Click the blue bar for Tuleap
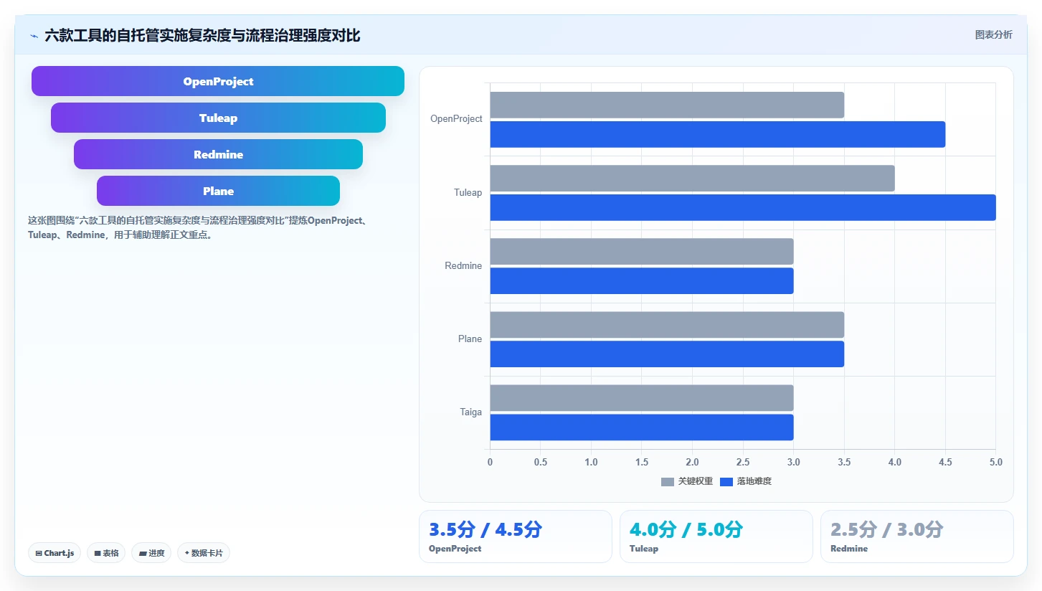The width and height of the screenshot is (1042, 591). click(x=743, y=207)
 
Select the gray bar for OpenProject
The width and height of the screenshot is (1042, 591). click(x=667, y=105)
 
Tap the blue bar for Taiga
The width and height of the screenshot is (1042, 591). click(x=642, y=427)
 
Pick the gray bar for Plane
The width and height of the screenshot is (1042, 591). click(x=667, y=325)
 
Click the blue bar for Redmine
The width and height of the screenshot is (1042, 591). click(x=642, y=280)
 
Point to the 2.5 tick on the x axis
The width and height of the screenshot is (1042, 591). click(x=743, y=462)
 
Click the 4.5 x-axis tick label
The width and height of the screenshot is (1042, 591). click(x=945, y=462)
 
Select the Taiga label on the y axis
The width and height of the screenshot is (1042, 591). click(x=470, y=412)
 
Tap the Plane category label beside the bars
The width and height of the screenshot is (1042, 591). click(x=470, y=339)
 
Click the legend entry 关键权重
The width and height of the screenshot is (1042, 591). click(x=687, y=481)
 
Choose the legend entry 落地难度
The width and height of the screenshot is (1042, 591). click(x=746, y=481)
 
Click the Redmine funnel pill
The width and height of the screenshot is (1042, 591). click(x=218, y=154)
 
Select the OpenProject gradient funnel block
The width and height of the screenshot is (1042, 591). click(x=218, y=81)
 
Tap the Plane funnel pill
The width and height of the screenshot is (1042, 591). click(x=218, y=191)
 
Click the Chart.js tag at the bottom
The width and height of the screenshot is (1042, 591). click(x=55, y=553)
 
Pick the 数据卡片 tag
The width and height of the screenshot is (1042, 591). click(x=204, y=553)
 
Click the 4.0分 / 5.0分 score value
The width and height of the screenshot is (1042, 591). click(x=686, y=529)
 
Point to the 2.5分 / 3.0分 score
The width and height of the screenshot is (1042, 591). click(x=887, y=529)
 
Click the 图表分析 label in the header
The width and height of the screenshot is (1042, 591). click(x=994, y=35)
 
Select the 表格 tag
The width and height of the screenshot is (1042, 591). click(x=106, y=553)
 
